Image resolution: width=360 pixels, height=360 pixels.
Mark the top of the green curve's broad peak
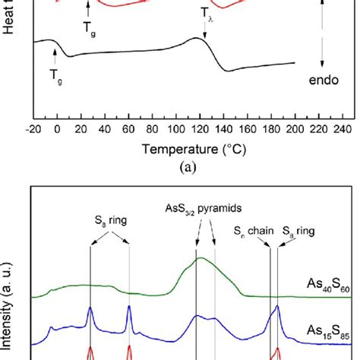[x=201, y=259]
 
